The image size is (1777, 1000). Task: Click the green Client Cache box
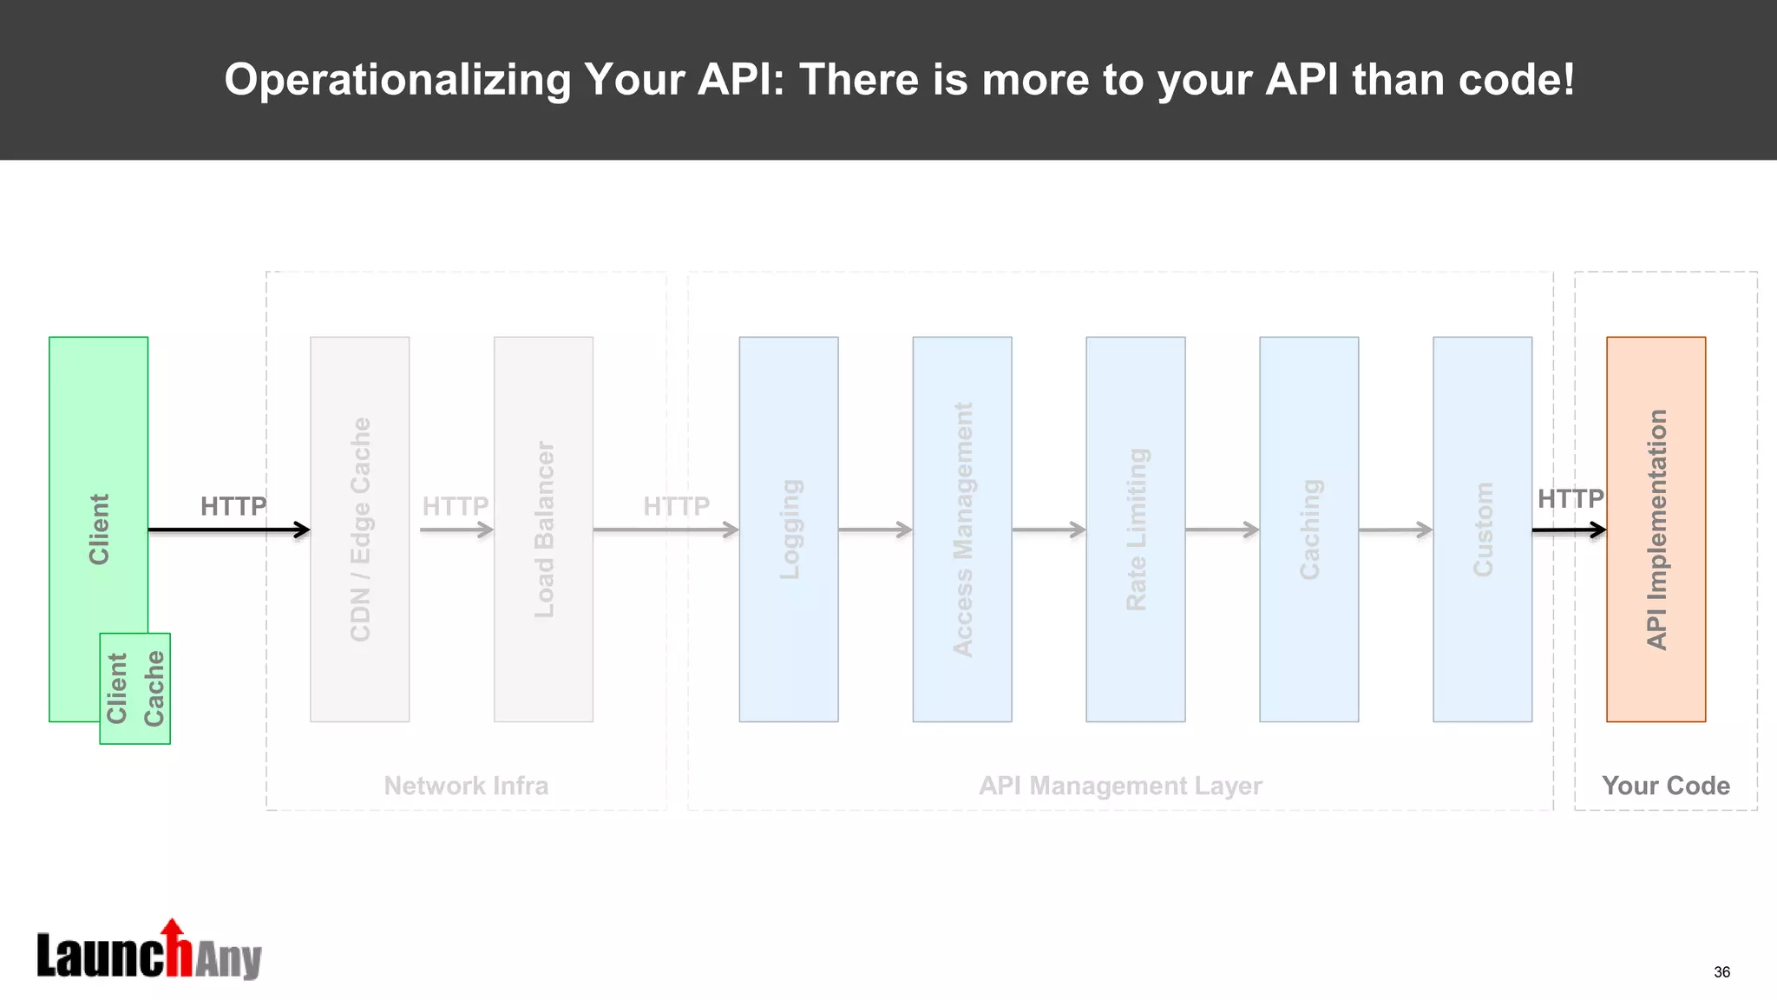point(134,688)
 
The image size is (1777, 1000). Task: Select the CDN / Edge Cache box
point(359,529)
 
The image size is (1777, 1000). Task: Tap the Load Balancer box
point(543,529)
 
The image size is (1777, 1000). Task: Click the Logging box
point(788,529)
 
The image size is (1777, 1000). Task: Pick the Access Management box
point(961,529)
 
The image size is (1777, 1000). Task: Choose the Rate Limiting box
point(1135,529)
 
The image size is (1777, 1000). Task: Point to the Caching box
point(1308,529)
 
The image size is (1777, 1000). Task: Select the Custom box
point(1482,529)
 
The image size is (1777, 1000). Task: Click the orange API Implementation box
point(1656,529)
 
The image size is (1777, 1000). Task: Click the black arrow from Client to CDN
point(228,530)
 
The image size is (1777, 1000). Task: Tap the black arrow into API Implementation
point(1569,530)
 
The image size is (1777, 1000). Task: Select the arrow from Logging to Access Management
point(875,530)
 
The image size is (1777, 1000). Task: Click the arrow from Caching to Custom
point(1395,530)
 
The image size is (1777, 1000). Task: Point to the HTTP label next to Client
point(233,506)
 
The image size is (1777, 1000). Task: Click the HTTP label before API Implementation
point(1570,499)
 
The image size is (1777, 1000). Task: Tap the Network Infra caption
point(466,786)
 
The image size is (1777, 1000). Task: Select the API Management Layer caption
point(1120,786)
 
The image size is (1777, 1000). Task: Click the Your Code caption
point(1665,786)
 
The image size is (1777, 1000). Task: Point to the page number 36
point(1721,972)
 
